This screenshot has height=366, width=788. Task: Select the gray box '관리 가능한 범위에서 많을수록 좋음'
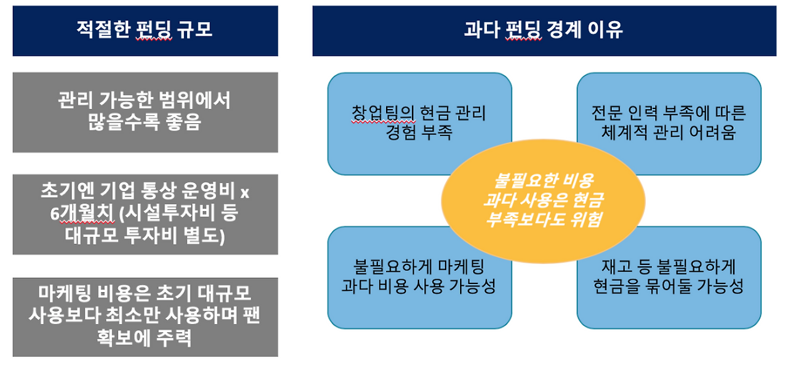click(145, 111)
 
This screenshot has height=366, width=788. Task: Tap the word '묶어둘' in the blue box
click(667, 287)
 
